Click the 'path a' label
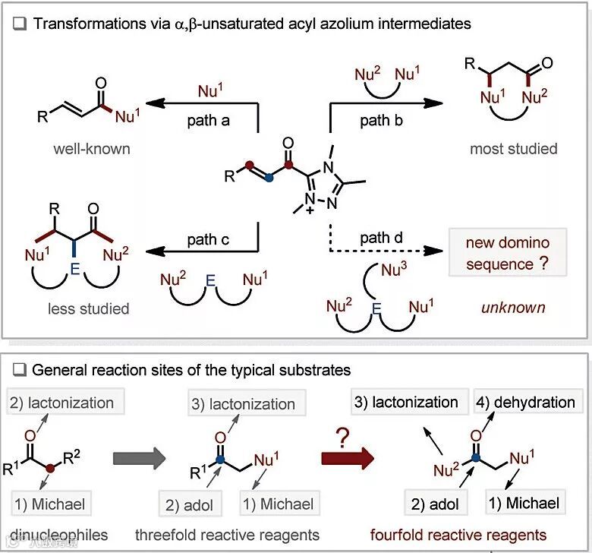point(209,120)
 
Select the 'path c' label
point(209,240)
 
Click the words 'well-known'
point(92,148)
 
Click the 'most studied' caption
point(513,148)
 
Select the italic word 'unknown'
point(513,308)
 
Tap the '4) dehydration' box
point(526,402)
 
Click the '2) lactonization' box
point(62,403)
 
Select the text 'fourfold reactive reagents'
point(458,534)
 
